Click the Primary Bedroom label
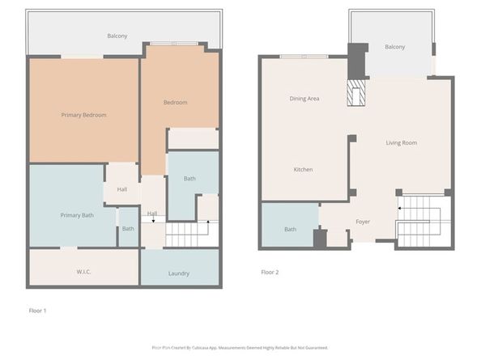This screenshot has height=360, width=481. point(83,115)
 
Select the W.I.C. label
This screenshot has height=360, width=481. point(83,272)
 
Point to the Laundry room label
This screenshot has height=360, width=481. point(179,273)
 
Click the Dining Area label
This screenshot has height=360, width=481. point(304,99)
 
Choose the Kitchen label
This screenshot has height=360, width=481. point(303,169)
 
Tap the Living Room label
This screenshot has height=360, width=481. point(401,142)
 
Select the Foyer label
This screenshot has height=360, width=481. point(363,221)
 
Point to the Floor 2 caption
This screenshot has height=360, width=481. point(270,273)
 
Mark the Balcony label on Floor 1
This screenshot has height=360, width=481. point(117,36)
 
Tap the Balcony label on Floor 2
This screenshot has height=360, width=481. point(395,47)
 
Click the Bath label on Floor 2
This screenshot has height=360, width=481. point(290,229)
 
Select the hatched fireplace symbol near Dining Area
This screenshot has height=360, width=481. point(356,94)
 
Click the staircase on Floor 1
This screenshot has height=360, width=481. point(191,235)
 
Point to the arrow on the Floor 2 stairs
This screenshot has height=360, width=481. point(400,208)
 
